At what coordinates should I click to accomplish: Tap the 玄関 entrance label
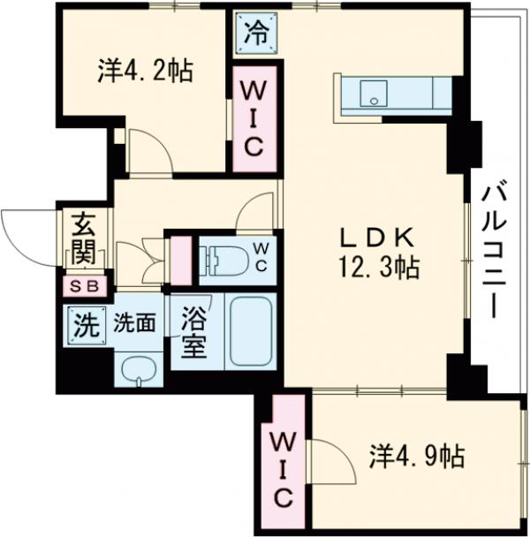point(84,239)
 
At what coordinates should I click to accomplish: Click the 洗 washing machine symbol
point(85,325)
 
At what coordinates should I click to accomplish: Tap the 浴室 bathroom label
point(194,333)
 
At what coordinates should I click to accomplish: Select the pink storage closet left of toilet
point(181,259)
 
